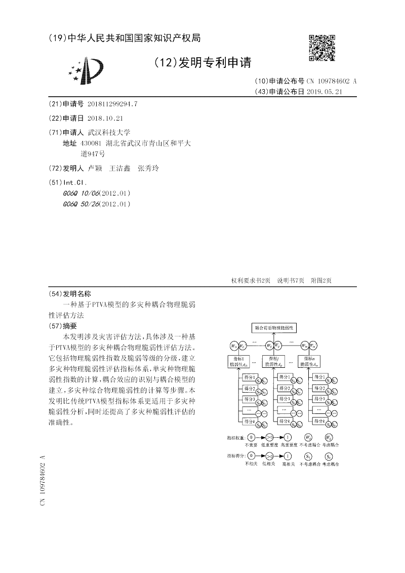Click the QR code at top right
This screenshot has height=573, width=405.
point(322,48)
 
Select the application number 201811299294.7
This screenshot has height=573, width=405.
point(112,104)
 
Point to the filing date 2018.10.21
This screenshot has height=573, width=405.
point(105,118)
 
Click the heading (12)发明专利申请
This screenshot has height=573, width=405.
point(202,62)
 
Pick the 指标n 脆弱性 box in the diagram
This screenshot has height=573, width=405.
point(311,361)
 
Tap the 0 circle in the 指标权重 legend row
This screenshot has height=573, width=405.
point(251,437)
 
